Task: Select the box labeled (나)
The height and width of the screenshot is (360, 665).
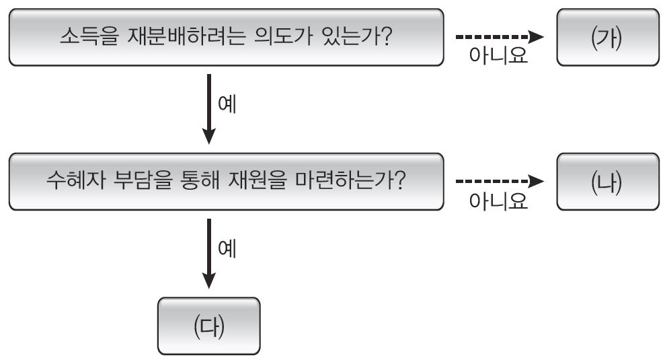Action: pyautogui.click(x=608, y=182)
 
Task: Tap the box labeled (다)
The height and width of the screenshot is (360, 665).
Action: pyautogui.click(x=208, y=326)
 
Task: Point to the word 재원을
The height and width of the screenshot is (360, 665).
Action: pyautogui.click(x=276, y=182)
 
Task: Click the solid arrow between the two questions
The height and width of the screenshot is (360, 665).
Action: pyautogui.click(x=209, y=108)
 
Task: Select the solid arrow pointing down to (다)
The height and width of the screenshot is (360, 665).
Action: pyautogui.click(x=209, y=253)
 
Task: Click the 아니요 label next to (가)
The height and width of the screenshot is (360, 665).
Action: pyautogui.click(x=499, y=57)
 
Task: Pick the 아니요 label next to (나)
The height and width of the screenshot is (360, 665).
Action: pyautogui.click(x=499, y=201)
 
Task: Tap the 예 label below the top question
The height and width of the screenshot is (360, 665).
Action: pyautogui.click(x=227, y=105)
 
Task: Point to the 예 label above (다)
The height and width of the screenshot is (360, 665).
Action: pyautogui.click(x=227, y=249)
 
